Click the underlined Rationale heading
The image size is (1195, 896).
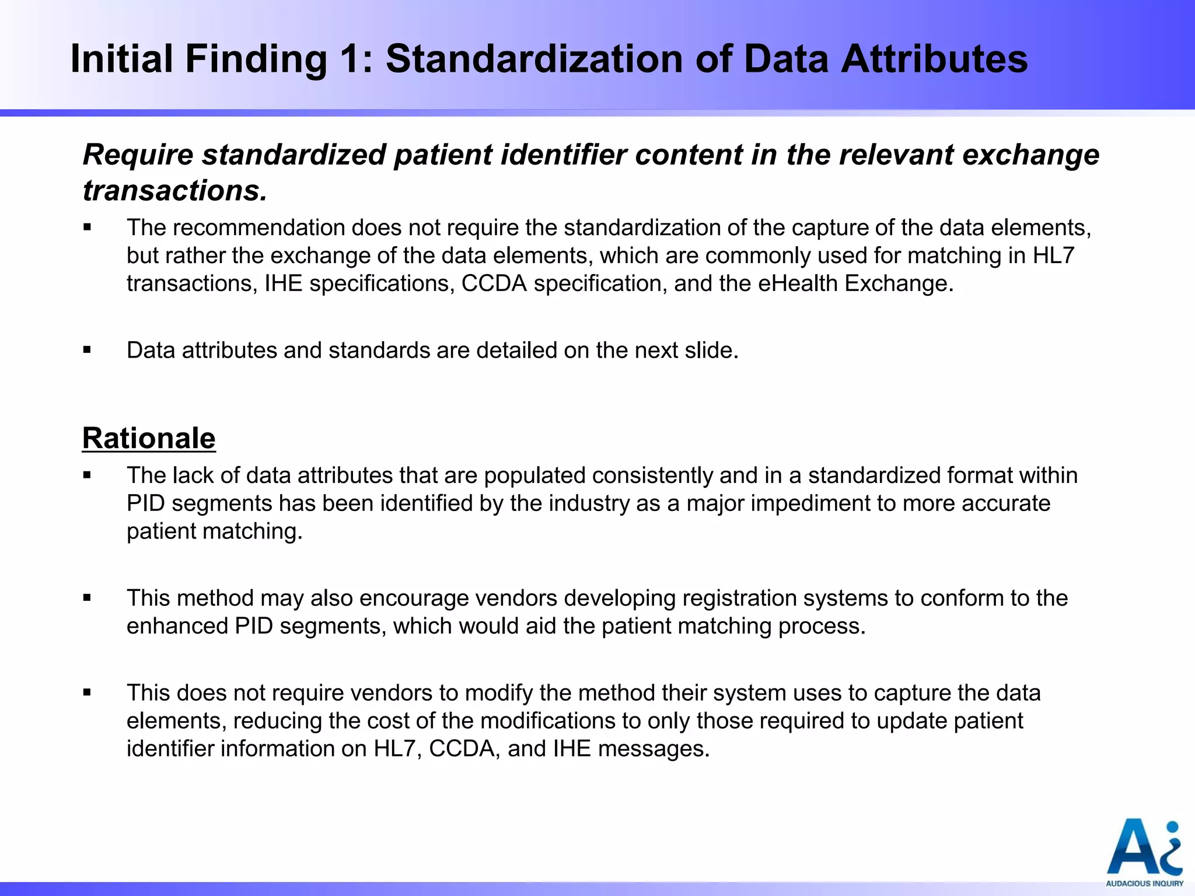pos(149,438)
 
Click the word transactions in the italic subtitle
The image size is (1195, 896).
pos(174,191)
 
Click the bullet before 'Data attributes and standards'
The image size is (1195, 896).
pos(88,350)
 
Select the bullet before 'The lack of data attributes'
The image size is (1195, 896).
pos(88,475)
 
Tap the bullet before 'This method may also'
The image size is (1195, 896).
pos(88,598)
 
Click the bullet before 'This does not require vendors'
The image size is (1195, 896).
pos(88,693)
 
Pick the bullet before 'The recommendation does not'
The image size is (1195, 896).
pos(88,228)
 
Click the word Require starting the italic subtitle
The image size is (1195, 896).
pos(138,155)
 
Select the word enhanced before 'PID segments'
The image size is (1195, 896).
pos(177,626)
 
